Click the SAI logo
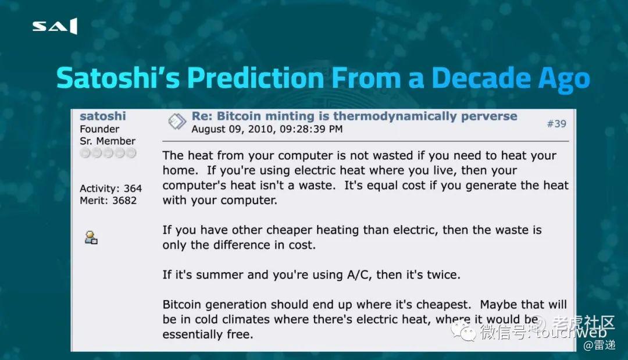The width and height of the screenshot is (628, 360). pyautogui.click(x=55, y=26)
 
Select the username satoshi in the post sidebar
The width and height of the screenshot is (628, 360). pyautogui.click(x=102, y=116)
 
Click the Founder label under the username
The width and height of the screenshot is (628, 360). pyautogui.click(x=99, y=129)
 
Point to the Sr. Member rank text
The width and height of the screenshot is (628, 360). pyautogui.click(x=108, y=141)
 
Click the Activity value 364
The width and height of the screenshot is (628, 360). pyautogui.click(x=133, y=188)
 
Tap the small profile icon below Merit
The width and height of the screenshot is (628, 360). pyautogui.click(x=91, y=237)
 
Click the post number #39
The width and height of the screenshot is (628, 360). pyautogui.click(x=556, y=124)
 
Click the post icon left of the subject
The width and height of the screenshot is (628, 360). pyautogui.click(x=177, y=122)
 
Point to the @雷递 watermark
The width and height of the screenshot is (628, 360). pyautogui.click(x=600, y=345)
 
